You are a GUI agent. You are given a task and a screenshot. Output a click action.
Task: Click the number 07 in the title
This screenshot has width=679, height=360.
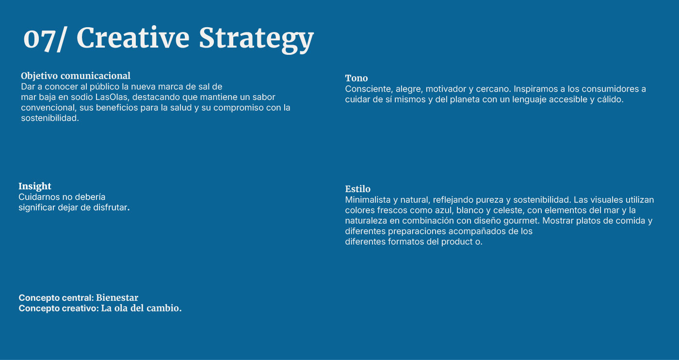coord(39,38)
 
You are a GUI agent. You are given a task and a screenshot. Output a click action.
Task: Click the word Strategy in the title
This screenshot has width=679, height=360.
coord(256,39)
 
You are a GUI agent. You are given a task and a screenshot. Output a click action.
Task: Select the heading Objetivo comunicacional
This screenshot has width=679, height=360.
coord(76,76)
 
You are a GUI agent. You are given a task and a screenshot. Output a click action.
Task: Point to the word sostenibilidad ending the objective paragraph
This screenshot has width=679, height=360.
coord(50,118)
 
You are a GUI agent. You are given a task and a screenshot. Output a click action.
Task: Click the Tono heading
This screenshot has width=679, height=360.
coord(356,78)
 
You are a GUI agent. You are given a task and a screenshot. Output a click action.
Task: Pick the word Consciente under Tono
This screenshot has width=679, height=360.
coord(369,89)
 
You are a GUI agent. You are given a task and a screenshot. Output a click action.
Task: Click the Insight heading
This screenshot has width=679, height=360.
coord(35,186)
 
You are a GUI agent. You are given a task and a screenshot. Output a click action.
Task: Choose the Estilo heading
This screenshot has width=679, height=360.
coord(358,189)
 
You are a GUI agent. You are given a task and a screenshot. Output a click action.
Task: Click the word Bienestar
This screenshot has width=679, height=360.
coord(117,297)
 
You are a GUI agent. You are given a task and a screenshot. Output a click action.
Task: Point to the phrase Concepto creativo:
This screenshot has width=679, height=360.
coord(59,308)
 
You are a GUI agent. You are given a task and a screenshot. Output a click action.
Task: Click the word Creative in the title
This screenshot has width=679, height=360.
coord(133,38)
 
